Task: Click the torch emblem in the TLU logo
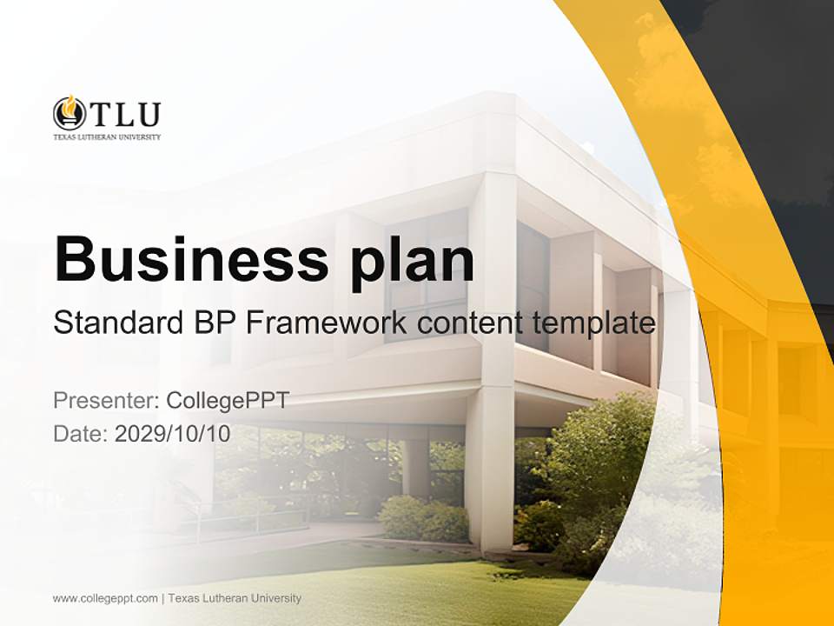(69, 113)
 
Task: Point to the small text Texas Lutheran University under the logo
(107, 137)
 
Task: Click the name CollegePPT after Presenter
(228, 401)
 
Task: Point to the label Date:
(81, 433)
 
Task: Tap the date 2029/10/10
(173, 433)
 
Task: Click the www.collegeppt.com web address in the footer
(105, 598)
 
